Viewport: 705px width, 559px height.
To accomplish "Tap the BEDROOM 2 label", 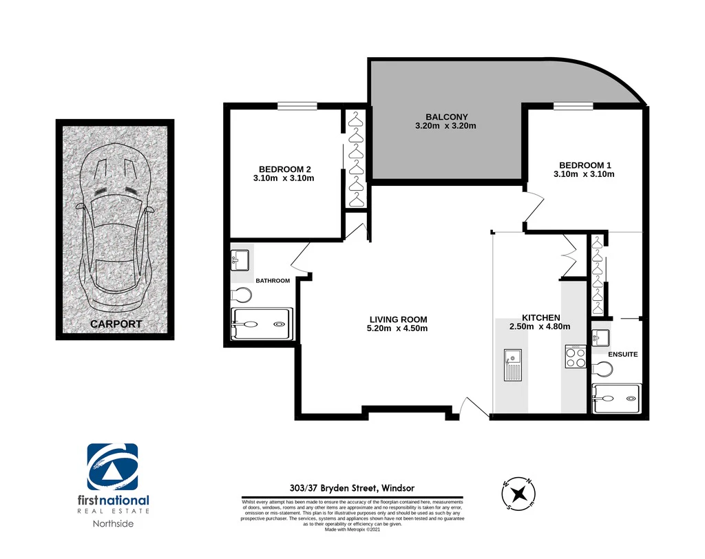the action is (284, 169).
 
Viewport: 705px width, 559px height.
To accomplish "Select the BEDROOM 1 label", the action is (585, 165).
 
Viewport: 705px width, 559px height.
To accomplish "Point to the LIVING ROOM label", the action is (398, 319).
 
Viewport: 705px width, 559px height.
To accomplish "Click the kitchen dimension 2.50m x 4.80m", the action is (540, 326).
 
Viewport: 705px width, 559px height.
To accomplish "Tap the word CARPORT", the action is (116, 324).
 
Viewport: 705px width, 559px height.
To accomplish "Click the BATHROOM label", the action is (273, 281).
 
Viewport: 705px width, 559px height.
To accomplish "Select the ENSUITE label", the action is (622, 355).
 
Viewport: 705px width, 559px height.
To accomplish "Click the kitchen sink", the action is (512, 365).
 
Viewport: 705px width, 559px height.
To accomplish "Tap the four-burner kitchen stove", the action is (576, 357).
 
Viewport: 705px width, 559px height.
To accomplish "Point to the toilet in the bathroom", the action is (241, 295).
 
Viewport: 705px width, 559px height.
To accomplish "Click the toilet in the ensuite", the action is (602, 370).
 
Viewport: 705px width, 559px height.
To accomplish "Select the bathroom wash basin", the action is (240, 260).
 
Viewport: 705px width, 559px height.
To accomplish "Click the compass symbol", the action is (518, 494).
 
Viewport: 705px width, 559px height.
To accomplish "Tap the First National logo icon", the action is (112, 467).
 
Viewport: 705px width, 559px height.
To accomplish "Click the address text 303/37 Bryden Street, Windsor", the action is (352, 488).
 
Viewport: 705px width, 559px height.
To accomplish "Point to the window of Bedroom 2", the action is (297, 106).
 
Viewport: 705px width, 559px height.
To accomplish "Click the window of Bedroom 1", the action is (574, 106).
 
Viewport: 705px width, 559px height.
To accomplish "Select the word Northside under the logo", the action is (113, 523).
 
